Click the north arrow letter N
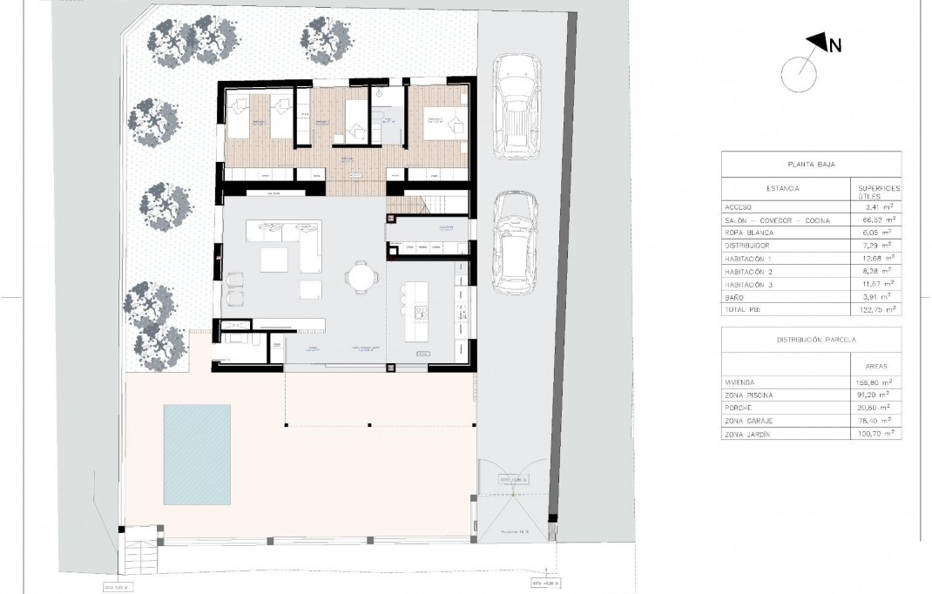(834, 46)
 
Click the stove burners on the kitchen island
(421, 311)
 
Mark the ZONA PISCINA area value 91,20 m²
(875, 395)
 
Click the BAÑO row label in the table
(736, 297)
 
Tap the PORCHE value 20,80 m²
(875, 408)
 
